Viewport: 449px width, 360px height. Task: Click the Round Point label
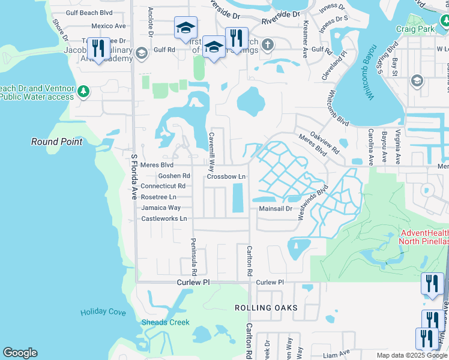coord(56,142)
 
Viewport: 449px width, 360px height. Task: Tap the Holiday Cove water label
coord(103,312)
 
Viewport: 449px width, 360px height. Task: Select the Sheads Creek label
coord(165,323)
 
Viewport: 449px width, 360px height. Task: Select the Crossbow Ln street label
coord(226,176)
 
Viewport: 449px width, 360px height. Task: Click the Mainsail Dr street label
coord(275,209)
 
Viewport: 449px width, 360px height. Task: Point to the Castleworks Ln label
coord(164,218)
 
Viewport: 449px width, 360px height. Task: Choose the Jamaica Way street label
coord(161,208)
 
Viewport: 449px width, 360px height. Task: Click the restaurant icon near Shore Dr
coord(98,48)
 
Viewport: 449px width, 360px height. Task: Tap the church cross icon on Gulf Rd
coord(268,44)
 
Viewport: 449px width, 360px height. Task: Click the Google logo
coord(20,353)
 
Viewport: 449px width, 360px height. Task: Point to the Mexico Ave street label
coord(109,26)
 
